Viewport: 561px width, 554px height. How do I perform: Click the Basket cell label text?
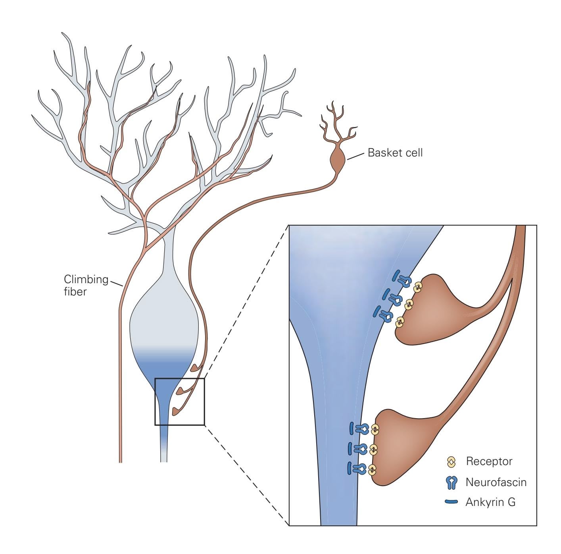click(395, 152)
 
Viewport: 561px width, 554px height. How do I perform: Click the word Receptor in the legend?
click(489, 461)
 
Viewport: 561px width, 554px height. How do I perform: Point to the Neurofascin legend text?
click(496, 483)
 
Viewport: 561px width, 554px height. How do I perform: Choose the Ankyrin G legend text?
click(490, 502)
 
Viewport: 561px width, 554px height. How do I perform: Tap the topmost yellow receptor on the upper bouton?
click(417, 287)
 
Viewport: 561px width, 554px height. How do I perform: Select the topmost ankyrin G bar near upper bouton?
click(396, 275)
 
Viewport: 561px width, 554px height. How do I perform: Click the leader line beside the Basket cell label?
click(356, 156)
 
